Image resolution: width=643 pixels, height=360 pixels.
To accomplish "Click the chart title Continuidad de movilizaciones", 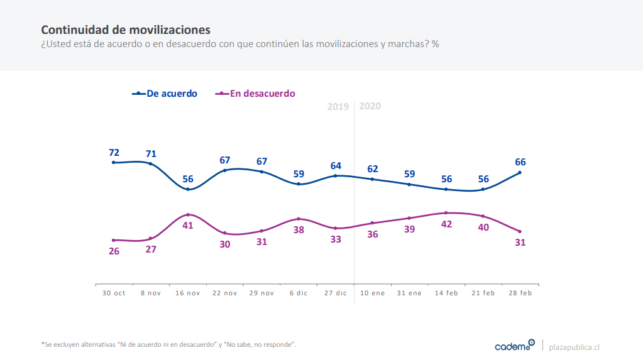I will [126, 30].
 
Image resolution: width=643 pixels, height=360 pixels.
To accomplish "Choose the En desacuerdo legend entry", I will [255, 94].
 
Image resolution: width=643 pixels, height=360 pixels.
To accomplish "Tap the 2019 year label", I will [338, 107].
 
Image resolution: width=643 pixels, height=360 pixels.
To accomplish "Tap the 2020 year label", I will [370, 106].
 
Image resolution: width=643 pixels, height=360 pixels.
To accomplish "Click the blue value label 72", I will [114, 152].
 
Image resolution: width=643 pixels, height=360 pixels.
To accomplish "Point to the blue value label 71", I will [151, 153].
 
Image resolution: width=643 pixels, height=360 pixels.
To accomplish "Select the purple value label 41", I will [188, 226].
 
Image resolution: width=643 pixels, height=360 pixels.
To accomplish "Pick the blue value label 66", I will [520, 162].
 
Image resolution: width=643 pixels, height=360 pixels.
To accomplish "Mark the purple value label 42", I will [447, 224].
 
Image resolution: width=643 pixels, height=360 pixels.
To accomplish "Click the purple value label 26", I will [114, 251].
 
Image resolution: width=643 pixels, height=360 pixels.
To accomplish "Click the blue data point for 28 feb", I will [520, 173].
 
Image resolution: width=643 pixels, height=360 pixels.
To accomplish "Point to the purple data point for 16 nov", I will [188, 215].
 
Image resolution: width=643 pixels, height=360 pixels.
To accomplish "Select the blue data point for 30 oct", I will [114, 163].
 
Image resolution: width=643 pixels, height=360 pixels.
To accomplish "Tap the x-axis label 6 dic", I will [299, 293].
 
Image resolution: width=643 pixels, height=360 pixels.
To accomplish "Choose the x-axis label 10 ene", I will [373, 293].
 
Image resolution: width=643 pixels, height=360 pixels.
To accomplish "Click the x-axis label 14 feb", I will [446, 293].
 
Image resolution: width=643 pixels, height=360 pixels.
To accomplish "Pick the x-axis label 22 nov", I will [224, 293].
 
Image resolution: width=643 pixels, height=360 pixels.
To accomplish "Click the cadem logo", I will [514, 345].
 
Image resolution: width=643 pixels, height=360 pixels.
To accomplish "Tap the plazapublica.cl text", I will [574, 346].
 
